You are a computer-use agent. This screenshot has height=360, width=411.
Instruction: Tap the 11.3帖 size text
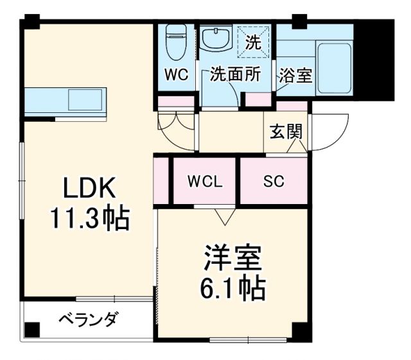point(90,219)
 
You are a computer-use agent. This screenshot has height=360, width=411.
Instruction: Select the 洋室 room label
point(232,259)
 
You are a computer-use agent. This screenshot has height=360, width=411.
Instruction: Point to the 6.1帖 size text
point(232,290)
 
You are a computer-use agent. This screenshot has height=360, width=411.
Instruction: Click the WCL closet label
point(205,181)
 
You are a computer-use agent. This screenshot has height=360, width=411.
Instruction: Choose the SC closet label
point(274,181)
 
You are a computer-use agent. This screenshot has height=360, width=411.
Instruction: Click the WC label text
point(175,74)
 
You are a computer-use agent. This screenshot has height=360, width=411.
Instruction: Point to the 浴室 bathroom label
point(295,74)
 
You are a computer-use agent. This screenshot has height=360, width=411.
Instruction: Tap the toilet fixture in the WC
point(175,42)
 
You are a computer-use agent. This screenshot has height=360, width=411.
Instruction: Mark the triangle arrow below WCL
point(223,217)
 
